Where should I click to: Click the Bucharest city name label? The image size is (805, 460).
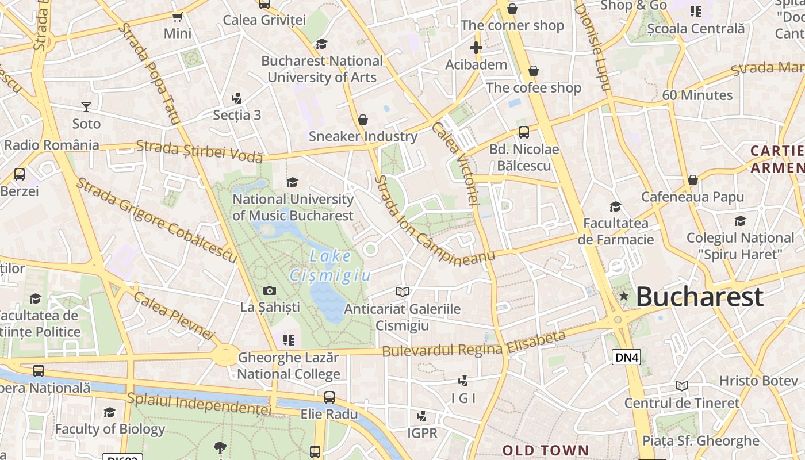click(x=700, y=297)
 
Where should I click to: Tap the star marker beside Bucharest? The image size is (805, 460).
click(x=624, y=296)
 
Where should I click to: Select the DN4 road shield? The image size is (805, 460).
click(x=626, y=358)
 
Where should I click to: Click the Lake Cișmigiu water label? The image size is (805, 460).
click(x=330, y=265)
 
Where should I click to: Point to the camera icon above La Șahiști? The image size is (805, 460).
click(x=269, y=291)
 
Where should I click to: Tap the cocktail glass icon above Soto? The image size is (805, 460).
click(x=86, y=107)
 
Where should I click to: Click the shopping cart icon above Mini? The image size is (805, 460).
click(x=178, y=17)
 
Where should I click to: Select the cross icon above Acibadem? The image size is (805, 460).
click(x=476, y=48)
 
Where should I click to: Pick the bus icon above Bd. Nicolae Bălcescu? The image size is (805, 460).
click(x=523, y=132)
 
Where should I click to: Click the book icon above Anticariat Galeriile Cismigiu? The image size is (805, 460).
click(x=402, y=292)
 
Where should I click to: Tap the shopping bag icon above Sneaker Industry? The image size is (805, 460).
click(x=363, y=120)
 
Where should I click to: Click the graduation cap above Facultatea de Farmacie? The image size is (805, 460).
click(x=615, y=206)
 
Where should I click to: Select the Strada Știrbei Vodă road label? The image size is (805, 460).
click(x=200, y=151)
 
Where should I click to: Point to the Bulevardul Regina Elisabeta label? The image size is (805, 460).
click(x=474, y=344)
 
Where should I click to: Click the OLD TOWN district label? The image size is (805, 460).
click(x=546, y=450)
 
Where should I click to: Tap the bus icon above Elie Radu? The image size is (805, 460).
click(x=329, y=397)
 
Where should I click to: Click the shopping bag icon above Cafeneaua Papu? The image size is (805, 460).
click(x=693, y=180)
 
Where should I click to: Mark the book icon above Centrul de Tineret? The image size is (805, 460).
click(x=682, y=386)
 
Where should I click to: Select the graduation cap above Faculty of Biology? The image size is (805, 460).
click(x=109, y=412)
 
